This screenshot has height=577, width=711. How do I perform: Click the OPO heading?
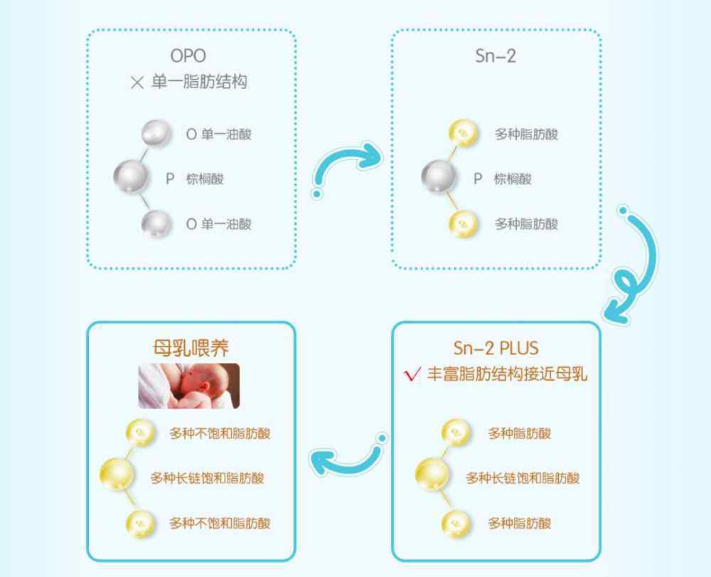188,55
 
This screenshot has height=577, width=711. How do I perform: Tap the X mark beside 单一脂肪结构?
137,83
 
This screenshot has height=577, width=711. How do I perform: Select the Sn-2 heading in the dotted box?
495,55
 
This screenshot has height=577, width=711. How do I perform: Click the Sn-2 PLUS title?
496,348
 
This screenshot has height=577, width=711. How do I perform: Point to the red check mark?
412,374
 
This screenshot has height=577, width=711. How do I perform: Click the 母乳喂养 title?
191,348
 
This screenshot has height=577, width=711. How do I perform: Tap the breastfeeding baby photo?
189,386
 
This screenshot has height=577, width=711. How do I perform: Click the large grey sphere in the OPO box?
131,176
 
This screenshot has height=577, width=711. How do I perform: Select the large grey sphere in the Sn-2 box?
438,176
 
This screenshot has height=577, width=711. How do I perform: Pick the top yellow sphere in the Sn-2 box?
463,133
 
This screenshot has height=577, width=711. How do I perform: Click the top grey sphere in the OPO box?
156,133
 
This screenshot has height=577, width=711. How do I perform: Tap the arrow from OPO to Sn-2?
346,166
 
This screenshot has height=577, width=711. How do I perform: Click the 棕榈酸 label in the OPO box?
205,179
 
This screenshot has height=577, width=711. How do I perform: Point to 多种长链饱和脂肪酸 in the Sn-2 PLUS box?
523,477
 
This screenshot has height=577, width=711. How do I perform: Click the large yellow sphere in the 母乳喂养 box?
117,475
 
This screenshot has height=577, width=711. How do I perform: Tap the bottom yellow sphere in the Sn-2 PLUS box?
456,524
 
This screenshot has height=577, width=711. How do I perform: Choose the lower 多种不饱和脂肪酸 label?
220,524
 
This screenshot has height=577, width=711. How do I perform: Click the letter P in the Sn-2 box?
478,179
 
